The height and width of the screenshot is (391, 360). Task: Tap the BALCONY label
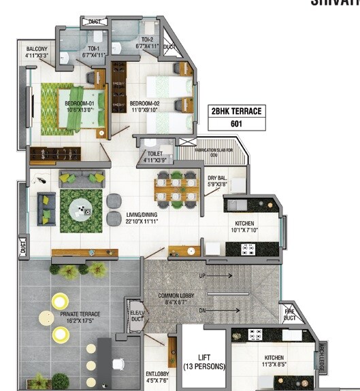pyautogui.click(x=37, y=52)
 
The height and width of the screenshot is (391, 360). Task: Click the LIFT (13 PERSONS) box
pyautogui.click(x=203, y=362)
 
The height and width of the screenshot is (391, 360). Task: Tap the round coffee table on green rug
pyautogui.click(x=82, y=208)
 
